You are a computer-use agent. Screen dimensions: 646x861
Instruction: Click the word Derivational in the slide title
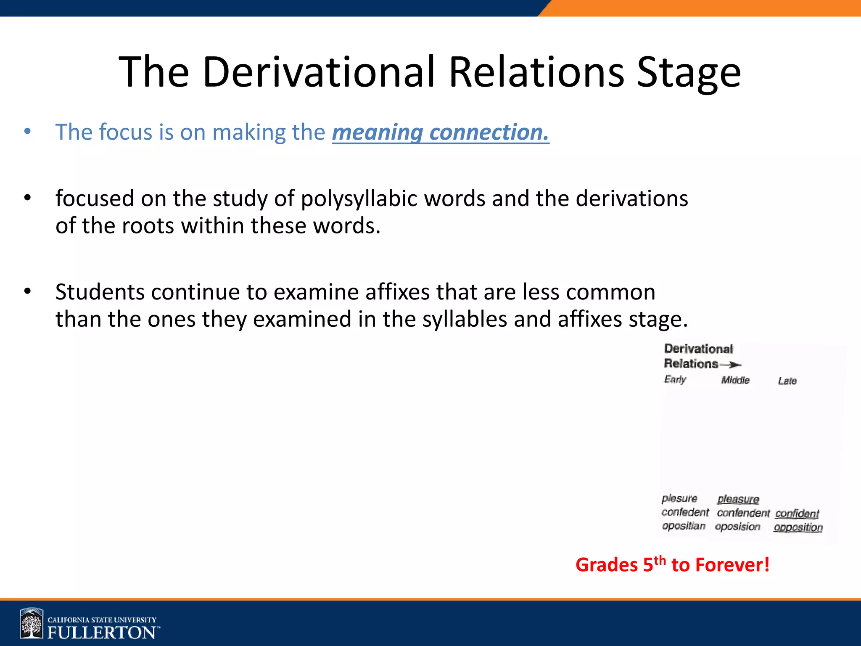(318, 72)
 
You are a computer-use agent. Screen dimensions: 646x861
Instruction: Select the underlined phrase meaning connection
(440, 132)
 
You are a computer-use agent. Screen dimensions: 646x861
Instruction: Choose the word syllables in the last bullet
(465, 319)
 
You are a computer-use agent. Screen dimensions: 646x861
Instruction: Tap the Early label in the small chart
(675, 379)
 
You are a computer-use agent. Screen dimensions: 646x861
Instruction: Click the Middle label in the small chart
(735, 380)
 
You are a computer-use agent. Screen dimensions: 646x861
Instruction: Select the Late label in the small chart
(787, 381)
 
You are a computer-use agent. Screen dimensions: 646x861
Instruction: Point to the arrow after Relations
(731, 365)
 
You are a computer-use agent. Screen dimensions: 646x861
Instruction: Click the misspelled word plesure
(679, 498)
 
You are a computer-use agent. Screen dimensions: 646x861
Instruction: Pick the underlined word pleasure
(738, 499)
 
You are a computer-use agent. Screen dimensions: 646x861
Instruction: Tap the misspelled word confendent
(743, 513)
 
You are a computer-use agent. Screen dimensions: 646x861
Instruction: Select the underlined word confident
(797, 514)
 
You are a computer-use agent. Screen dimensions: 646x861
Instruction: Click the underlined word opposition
(798, 527)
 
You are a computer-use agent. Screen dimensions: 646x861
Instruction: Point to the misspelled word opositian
(683, 526)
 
